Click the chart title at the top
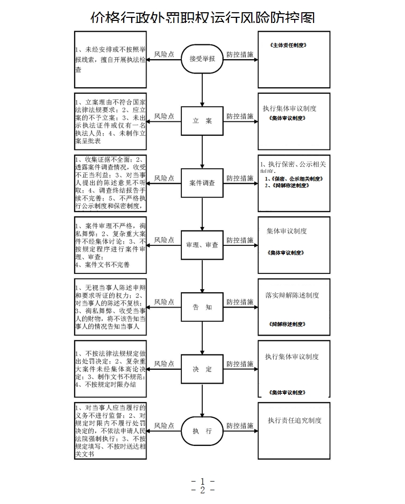(x=202, y=18)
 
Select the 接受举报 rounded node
(x=202, y=59)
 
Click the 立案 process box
(x=202, y=121)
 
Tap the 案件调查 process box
(x=202, y=183)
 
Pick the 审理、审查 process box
(x=202, y=245)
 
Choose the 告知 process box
(x=202, y=307)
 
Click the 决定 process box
(x=202, y=369)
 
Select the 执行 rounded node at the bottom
(x=202, y=431)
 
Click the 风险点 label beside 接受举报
(x=164, y=54)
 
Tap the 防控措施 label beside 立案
(x=240, y=116)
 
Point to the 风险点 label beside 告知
(x=164, y=302)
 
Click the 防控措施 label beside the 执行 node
(x=240, y=425)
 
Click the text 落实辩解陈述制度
(x=292, y=295)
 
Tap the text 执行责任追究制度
(x=295, y=420)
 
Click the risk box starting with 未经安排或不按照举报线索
(x=110, y=59)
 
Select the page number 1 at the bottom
(x=202, y=481)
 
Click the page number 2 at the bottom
(x=202, y=490)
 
